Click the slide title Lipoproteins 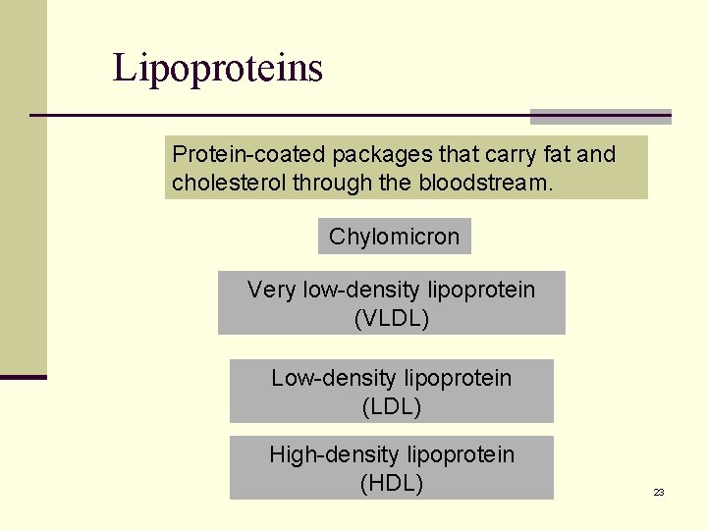pyautogui.click(x=217, y=69)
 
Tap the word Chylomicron pyautogui.click(x=394, y=237)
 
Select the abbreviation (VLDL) pyautogui.click(x=391, y=319)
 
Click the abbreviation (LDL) pyautogui.click(x=391, y=406)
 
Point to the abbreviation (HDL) pyautogui.click(x=391, y=483)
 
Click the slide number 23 pyautogui.click(x=659, y=492)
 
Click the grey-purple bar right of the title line pyautogui.click(x=600, y=116)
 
